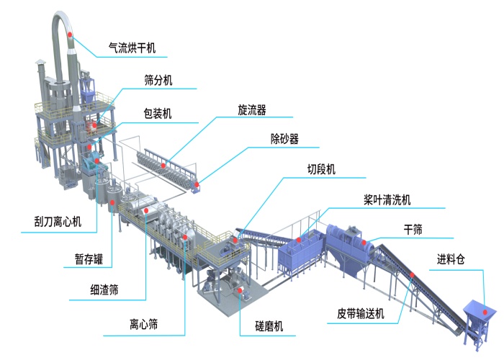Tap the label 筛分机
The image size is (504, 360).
(x=158, y=81)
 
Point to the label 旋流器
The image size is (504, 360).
(x=252, y=110)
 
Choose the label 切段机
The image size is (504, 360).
(x=322, y=170)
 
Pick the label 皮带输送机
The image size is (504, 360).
(x=361, y=313)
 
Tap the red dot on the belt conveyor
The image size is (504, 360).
(x=412, y=274)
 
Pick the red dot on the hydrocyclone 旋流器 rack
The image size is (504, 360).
(x=164, y=166)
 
